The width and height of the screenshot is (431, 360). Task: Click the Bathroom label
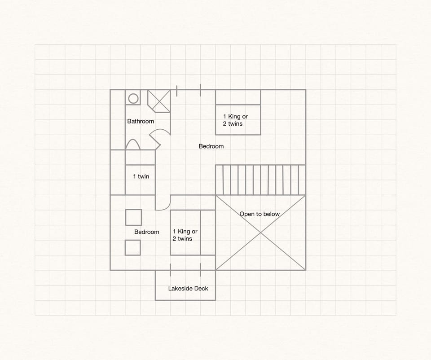(x=141, y=121)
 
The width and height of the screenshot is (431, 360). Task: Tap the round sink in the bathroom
(x=133, y=98)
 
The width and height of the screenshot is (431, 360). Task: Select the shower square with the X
(x=159, y=101)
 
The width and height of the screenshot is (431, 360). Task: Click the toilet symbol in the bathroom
(x=133, y=144)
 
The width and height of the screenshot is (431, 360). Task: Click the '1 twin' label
(x=141, y=176)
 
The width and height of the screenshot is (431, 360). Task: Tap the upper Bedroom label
(x=211, y=146)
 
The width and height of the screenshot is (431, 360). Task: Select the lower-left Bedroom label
(x=147, y=232)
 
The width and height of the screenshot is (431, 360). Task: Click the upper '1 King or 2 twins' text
(x=235, y=120)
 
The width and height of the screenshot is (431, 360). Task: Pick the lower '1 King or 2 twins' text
(x=185, y=235)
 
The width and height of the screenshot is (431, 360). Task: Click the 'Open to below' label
(x=259, y=214)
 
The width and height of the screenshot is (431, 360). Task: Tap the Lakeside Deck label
(x=188, y=289)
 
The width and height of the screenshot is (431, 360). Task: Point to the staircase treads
(x=260, y=180)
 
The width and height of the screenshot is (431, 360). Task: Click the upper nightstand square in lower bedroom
(x=133, y=217)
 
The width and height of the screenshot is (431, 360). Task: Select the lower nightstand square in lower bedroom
(x=132, y=247)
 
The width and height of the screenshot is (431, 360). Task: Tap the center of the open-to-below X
(x=260, y=233)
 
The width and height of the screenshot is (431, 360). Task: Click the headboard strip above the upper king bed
(x=238, y=97)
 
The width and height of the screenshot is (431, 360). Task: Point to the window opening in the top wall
(x=189, y=90)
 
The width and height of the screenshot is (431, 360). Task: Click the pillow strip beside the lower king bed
(x=207, y=233)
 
